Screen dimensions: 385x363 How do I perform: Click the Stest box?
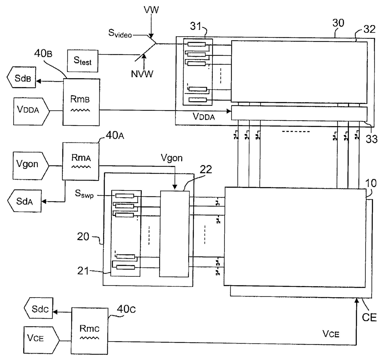point(83,61)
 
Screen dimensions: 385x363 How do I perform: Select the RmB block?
point(81,102)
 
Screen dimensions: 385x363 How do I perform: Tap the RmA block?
point(81,161)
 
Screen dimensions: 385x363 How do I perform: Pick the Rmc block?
point(89,331)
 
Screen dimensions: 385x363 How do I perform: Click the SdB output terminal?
point(21,77)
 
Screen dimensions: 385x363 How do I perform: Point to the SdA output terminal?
point(25,201)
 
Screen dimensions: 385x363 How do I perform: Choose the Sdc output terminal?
point(38,308)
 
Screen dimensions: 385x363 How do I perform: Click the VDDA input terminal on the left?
point(31,111)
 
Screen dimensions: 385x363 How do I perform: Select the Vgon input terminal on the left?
point(31,166)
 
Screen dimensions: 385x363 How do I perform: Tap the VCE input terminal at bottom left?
point(41,340)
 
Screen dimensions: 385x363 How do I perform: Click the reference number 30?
point(338,23)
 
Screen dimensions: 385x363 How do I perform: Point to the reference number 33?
point(371,139)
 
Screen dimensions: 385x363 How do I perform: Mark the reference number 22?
point(206,169)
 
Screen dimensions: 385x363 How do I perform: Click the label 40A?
point(115,135)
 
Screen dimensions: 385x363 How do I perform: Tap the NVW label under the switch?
point(142,74)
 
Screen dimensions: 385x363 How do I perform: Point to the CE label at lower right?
point(369,317)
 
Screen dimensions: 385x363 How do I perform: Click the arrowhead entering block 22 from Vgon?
point(175,187)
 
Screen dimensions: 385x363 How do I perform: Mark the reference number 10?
point(371,183)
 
